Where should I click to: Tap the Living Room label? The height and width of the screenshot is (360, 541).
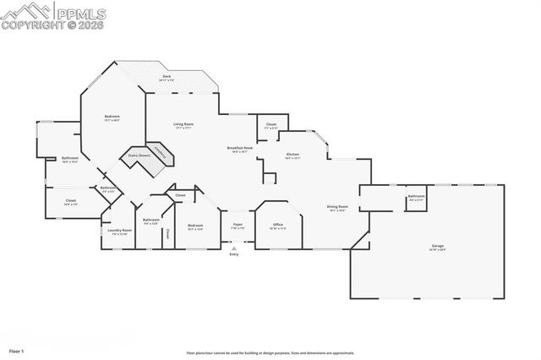[183, 125]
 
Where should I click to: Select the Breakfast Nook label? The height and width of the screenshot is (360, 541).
[239, 149]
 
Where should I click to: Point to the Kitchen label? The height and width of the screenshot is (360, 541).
[292, 155]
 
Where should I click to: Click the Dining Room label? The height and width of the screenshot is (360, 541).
[338, 208]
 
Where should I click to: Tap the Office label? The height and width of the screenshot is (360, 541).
[277, 226]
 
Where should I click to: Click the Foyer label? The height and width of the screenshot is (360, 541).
[238, 226]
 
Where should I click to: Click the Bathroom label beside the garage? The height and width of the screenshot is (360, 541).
[416, 197]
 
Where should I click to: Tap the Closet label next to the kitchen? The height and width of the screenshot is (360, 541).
[270, 125]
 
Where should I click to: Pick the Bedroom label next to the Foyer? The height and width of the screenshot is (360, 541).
[195, 226]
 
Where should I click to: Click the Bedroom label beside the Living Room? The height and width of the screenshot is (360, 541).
[112, 117]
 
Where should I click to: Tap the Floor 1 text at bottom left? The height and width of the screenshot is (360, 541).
[17, 350]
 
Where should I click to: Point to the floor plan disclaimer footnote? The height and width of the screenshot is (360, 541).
[270, 352]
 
